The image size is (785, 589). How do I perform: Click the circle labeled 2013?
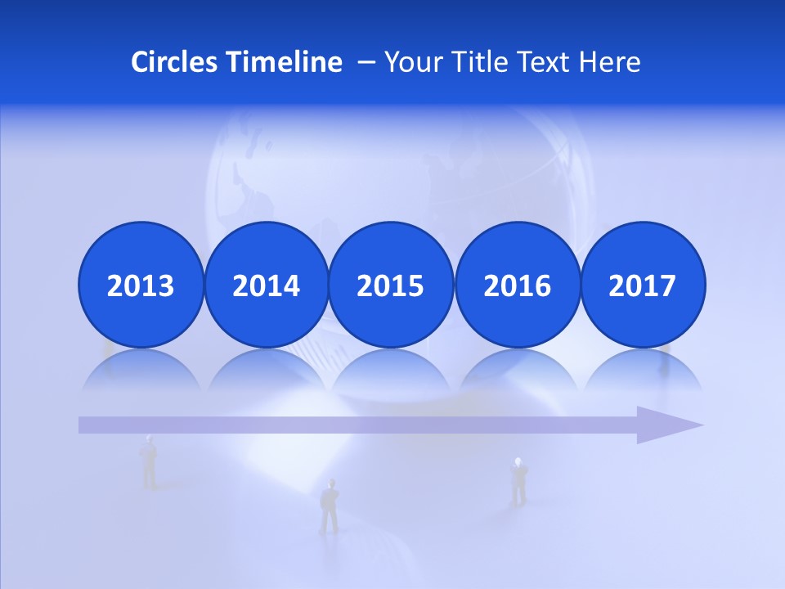click(x=141, y=285)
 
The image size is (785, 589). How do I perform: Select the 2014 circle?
click(x=266, y=285)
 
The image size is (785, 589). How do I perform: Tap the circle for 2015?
click(x=391, y=285)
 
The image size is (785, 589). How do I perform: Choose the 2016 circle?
click(x=517, y=285)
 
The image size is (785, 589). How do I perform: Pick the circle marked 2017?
click(x=643, y=285)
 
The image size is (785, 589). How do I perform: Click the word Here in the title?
click(x=609, y=62)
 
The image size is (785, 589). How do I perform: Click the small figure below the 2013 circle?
click(x=149, y=462)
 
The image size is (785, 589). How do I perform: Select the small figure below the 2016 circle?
click(x=518, y=480)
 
